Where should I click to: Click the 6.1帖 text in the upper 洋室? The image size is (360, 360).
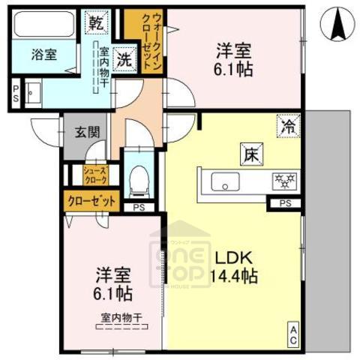point(234,69)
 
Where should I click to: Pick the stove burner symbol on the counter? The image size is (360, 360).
point(284,181)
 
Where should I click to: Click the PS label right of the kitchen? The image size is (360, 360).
point(285,203)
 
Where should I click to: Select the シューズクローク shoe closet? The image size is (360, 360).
point(97,174)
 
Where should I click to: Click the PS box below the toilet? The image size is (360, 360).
point(139,208)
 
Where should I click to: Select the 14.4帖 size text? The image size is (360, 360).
point(235,276)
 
